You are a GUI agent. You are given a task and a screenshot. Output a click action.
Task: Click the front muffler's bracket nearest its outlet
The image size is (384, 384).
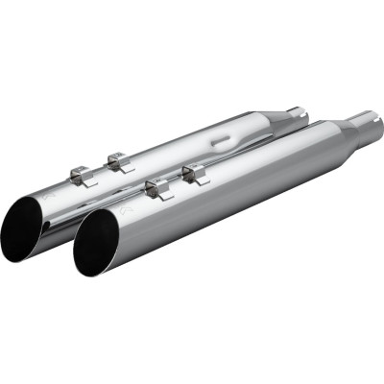156,187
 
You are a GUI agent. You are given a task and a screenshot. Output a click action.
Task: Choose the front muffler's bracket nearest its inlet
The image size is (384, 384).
196,173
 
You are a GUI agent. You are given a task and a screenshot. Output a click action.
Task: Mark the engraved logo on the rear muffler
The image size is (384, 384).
50,199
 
